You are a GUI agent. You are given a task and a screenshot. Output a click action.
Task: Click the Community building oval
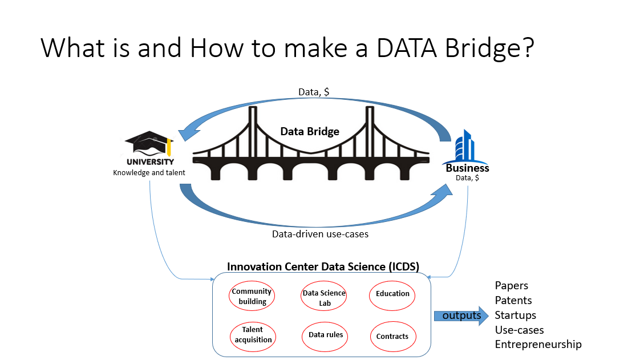point(252,296)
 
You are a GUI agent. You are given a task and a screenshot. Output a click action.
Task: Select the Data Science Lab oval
point(324,297)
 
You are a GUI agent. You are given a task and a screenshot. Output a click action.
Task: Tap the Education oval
point(392,294)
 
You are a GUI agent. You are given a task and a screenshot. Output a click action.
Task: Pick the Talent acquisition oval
point(252,335)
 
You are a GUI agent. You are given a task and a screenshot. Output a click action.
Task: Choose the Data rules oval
point(325,335)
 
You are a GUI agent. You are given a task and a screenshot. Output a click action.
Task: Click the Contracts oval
point(392,336)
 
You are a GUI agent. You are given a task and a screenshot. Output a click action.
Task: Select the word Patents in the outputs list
point(513,300)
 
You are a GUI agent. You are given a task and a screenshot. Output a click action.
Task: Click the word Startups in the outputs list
point(516,315)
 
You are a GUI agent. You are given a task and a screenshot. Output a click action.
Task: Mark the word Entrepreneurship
point(538,345)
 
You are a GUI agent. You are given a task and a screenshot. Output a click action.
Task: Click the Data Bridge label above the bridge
point(310,131)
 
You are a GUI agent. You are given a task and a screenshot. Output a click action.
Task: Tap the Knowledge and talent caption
point(149,172)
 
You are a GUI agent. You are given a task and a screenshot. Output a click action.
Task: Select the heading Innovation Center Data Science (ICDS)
point(323,266)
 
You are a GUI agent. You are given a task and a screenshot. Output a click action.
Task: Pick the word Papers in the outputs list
point(512,285)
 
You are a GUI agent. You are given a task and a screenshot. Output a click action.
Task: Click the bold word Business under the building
point(467,168)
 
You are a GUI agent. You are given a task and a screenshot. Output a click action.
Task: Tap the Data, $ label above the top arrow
point(314,92)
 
